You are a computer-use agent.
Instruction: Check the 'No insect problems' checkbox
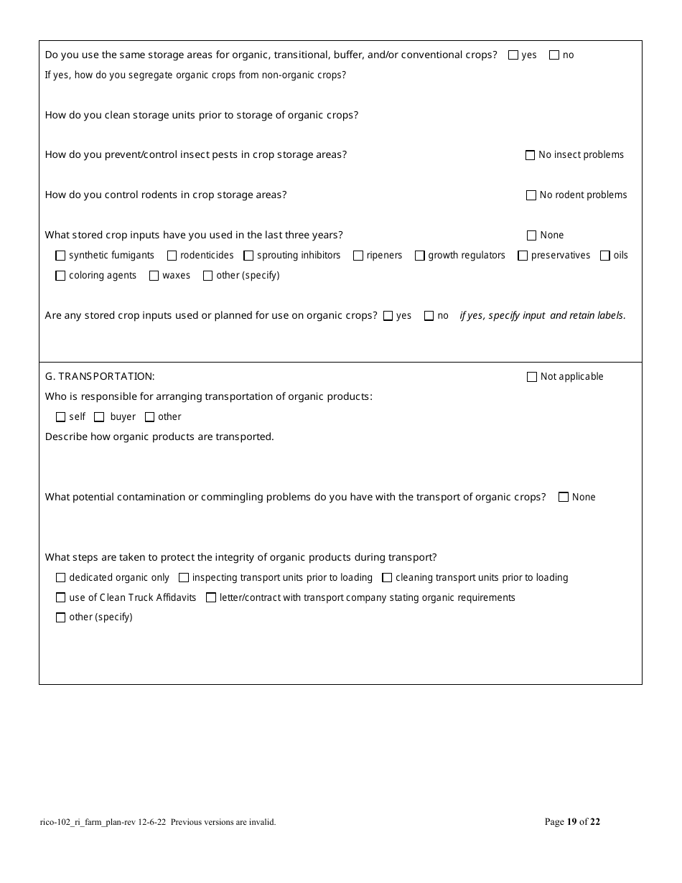click(x=531, y=155)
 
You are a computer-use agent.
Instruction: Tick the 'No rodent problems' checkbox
click(x=531, y=195)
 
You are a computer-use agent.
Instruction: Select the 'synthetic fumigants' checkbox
click(x=60, y=256)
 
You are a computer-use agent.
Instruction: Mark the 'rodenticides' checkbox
click(x=172, y=256)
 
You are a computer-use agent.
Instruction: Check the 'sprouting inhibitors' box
click(x=248, y=256)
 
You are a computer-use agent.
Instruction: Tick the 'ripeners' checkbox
click(x=358, y=256)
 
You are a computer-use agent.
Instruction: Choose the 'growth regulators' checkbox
click(x=420, y=256)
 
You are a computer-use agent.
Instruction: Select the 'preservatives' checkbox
click(x=523, y=256)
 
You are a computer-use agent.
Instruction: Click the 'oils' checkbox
click(x=605, y=256)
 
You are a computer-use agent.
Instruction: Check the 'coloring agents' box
click(x=60, y=276)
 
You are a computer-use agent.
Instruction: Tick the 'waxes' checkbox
click(x=154, y=276)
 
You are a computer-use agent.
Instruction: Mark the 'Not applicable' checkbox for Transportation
click(x=532, y=377)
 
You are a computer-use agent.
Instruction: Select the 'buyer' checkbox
click(x=99, y=417)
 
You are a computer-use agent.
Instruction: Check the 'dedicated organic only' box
click(x=60, y=578)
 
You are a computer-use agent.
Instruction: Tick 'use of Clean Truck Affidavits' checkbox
click(x=60, y=597)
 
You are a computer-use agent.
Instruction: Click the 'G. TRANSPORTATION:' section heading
click(x=100, y=376)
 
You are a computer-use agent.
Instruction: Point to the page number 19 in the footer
click(x=572, y=822)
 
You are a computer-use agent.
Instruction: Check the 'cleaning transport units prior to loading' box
click(x=387, y=578)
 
